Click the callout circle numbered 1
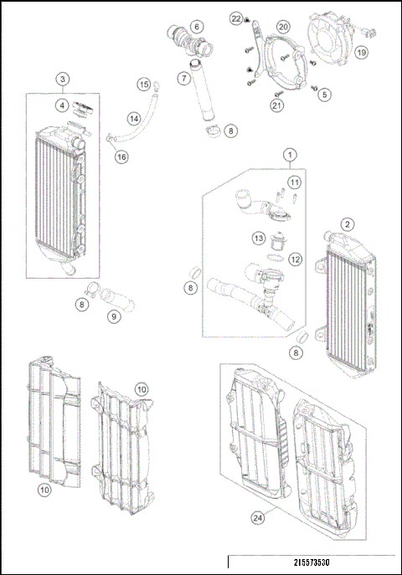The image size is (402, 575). (x=291, y=155)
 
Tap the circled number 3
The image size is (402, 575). (x=64, y=80)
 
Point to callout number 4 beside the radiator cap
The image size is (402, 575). (x=64, y=105)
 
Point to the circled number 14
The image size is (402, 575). (x=134, y=120)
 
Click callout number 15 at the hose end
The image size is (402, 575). (x=143, y=85)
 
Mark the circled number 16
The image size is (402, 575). (x=121, y=157)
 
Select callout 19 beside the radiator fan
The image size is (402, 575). (x=361, y=52)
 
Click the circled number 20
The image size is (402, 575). (x=283, y=28)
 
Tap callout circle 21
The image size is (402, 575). (x=277, y=105)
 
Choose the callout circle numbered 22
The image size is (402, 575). (x=236, y=18)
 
